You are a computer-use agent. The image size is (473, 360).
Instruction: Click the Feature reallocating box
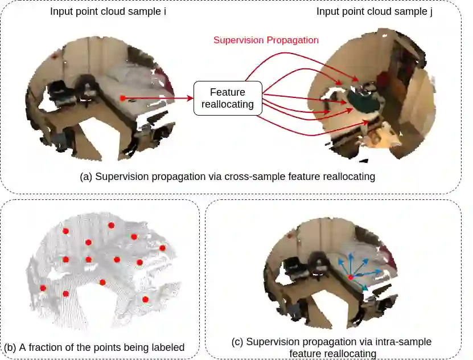pyautogui.click(x=228, y=99)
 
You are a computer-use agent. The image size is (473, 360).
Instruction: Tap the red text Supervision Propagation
pyautogui.click(x=266, y=40)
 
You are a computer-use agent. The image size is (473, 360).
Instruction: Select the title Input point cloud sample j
pyautogui.click(x=374, y=11)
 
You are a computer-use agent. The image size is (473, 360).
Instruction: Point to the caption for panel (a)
pyautogui.click(x=228, y=177)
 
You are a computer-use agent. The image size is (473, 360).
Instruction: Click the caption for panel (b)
pyautogui.click(x=94, y=347)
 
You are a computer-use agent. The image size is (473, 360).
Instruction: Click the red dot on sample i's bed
pyautogui.click(x=122, y=99)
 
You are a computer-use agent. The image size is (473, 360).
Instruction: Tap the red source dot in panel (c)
pyautogui.click(x=351, y=277)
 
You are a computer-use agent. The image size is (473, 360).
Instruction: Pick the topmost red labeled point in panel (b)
pyautogui.click(x=111, y=226)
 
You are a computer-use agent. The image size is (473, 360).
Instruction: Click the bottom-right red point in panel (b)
pyautogui.click(x=145, y=299)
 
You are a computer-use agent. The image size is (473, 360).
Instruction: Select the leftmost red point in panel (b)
pyautogui.click(x=43, y=288)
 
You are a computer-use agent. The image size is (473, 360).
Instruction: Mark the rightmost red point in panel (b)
pyautogui.click(x=162, y=248)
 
